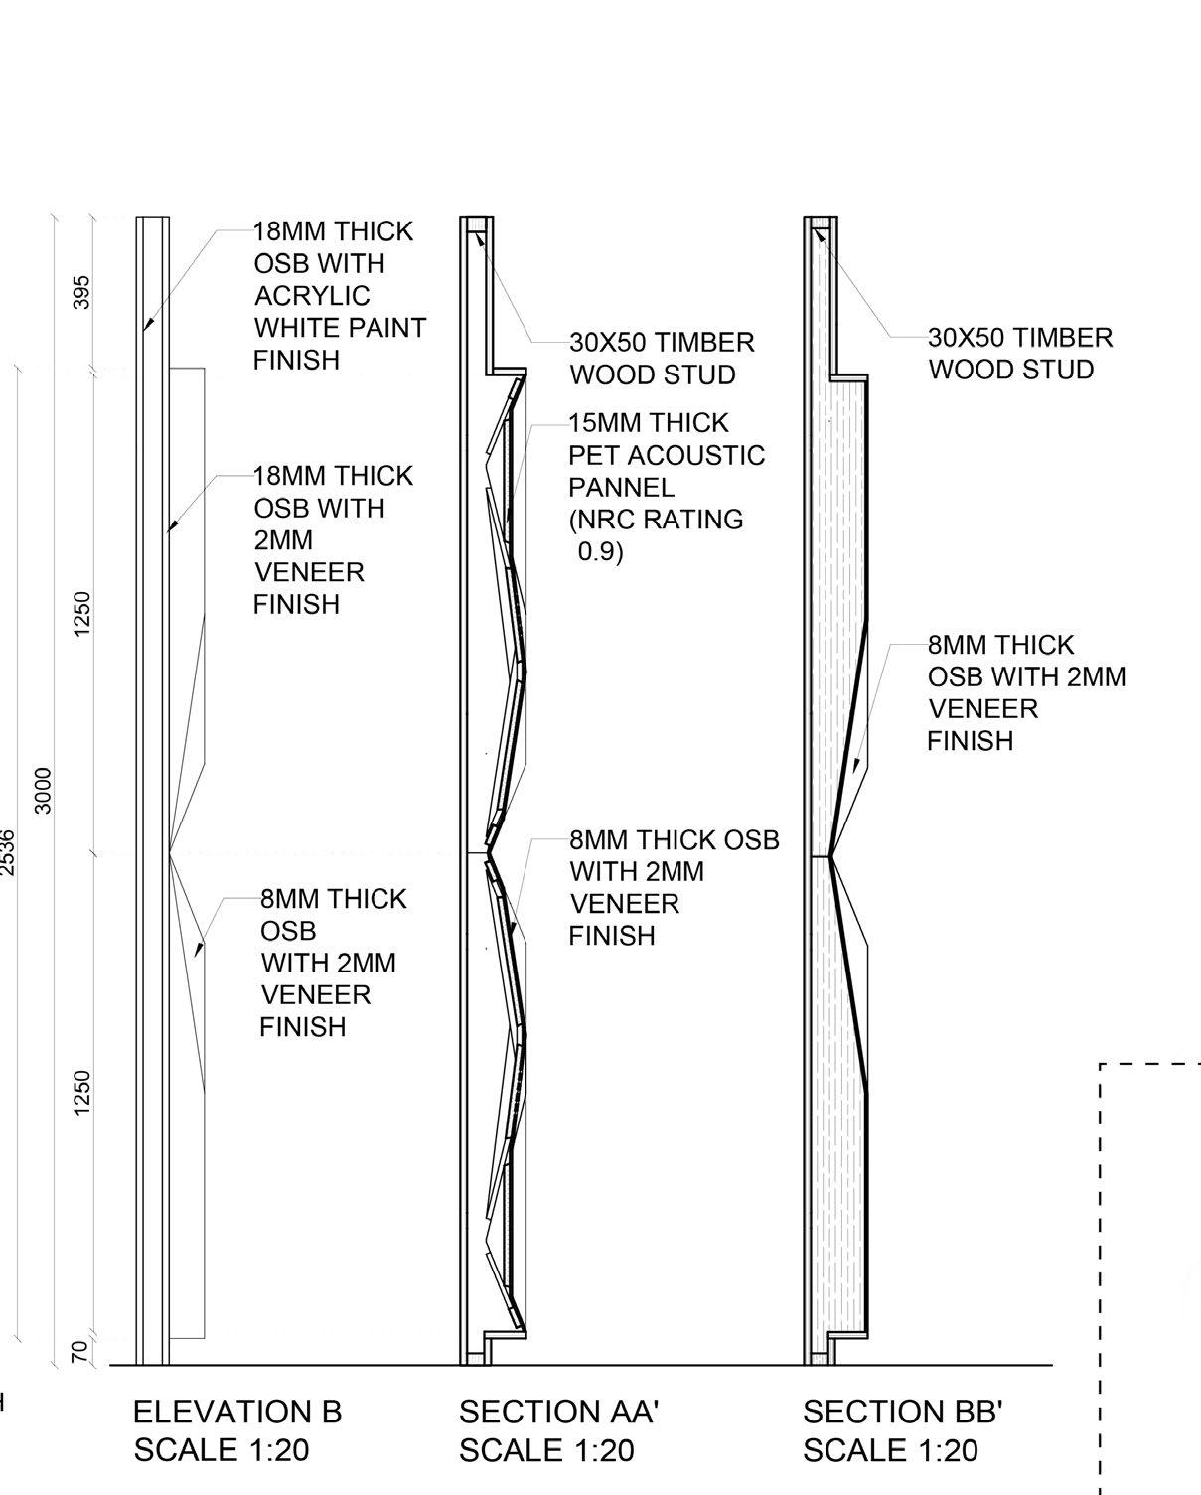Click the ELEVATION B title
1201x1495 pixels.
[236, 1412]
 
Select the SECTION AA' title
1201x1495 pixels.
[559, 1412]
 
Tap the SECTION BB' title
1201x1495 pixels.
[902, 1412]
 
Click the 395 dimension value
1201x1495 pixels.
[82, 292]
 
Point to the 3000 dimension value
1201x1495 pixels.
[44, 790]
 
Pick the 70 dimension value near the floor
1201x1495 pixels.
[82, 1351]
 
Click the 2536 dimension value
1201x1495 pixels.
[8, 852]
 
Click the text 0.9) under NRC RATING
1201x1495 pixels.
[600, 552]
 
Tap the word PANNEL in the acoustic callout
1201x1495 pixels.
[621, 488]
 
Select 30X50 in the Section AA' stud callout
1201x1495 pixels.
[605, 343]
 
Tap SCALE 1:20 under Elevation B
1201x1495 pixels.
[222, 1450]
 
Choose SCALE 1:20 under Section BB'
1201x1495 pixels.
[890, 1450]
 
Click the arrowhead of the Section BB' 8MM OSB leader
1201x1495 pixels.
[857, 765]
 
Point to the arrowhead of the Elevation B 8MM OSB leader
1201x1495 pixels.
[198, 950]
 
